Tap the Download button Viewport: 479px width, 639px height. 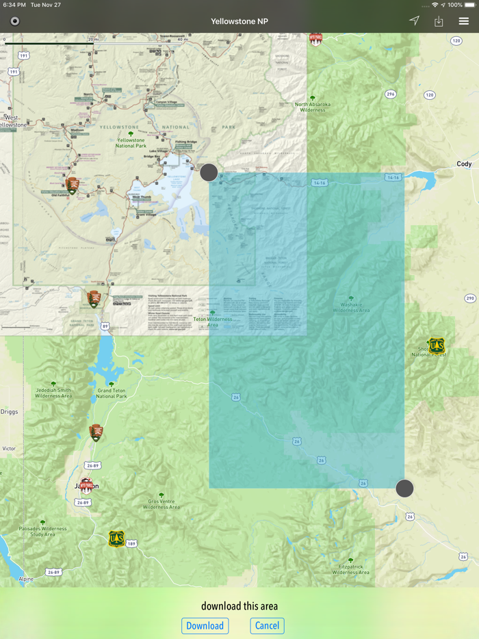(x=205, y=626)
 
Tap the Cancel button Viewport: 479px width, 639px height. (x=267, y=625)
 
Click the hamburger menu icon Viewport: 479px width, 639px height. (x=464, y=21)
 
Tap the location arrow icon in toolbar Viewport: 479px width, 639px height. (x=414, y=21)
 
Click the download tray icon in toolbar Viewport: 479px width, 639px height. (x=439, y=21)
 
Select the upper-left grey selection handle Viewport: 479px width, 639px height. (x=209, y=172)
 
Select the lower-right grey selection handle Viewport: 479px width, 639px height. (x=404, y=488)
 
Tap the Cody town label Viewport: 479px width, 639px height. (x=465, y=164)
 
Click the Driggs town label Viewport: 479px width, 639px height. (x=10, y=412)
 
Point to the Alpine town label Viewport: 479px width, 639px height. (x=26, y=579)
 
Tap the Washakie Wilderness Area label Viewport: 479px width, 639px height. (x=351, y=307)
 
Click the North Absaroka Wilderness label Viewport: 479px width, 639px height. (x=313, y=106)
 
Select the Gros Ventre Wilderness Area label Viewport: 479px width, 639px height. (x=161, y=504)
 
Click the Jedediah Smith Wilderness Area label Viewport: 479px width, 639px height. (x=53, y=393)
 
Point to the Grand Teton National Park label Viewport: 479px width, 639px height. (x=111, y=393)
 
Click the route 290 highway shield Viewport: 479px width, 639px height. (x=469, y=298)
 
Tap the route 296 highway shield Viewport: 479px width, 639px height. (x=391, y=94)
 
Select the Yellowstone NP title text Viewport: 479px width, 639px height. (x=239, y=21)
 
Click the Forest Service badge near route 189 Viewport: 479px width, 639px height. (x=116, y=539)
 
